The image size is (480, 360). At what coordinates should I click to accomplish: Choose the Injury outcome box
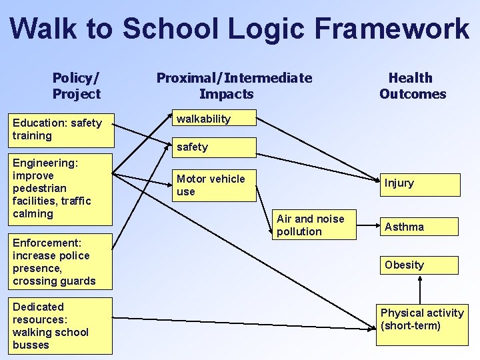coord(419,184)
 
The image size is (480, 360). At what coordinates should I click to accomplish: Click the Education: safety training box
coord(61,129)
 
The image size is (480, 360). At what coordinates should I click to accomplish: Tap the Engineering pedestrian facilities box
coord(61,189)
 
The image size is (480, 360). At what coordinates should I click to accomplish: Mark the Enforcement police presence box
coord(61,262)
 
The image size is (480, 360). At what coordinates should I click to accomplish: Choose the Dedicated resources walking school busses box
coord(61,326)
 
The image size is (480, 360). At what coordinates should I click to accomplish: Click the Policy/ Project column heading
coord(76,86)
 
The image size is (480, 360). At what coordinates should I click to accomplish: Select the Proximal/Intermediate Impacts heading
coord(233,86)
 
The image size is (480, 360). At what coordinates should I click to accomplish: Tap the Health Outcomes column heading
coord(412,86)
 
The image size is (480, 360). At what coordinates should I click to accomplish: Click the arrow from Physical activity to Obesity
coord(419,288)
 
